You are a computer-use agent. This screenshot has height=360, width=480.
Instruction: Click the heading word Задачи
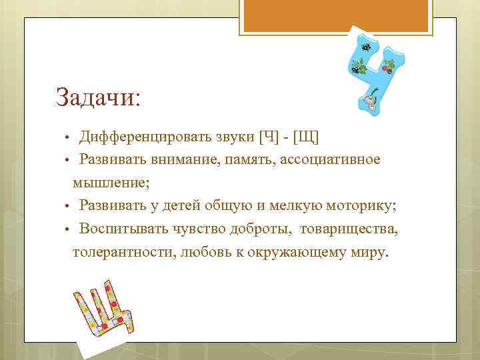click(x=96, y=98)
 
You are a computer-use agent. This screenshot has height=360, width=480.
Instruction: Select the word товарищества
click(x=349, y=230)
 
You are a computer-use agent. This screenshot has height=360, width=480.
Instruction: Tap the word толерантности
click(x=124, y=253)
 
